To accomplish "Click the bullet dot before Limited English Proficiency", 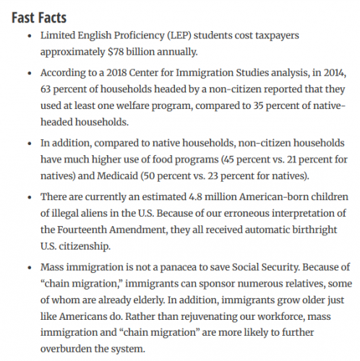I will pos(27,35).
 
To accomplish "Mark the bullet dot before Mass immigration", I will pos(27,269).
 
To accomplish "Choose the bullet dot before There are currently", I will pos(27,198).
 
